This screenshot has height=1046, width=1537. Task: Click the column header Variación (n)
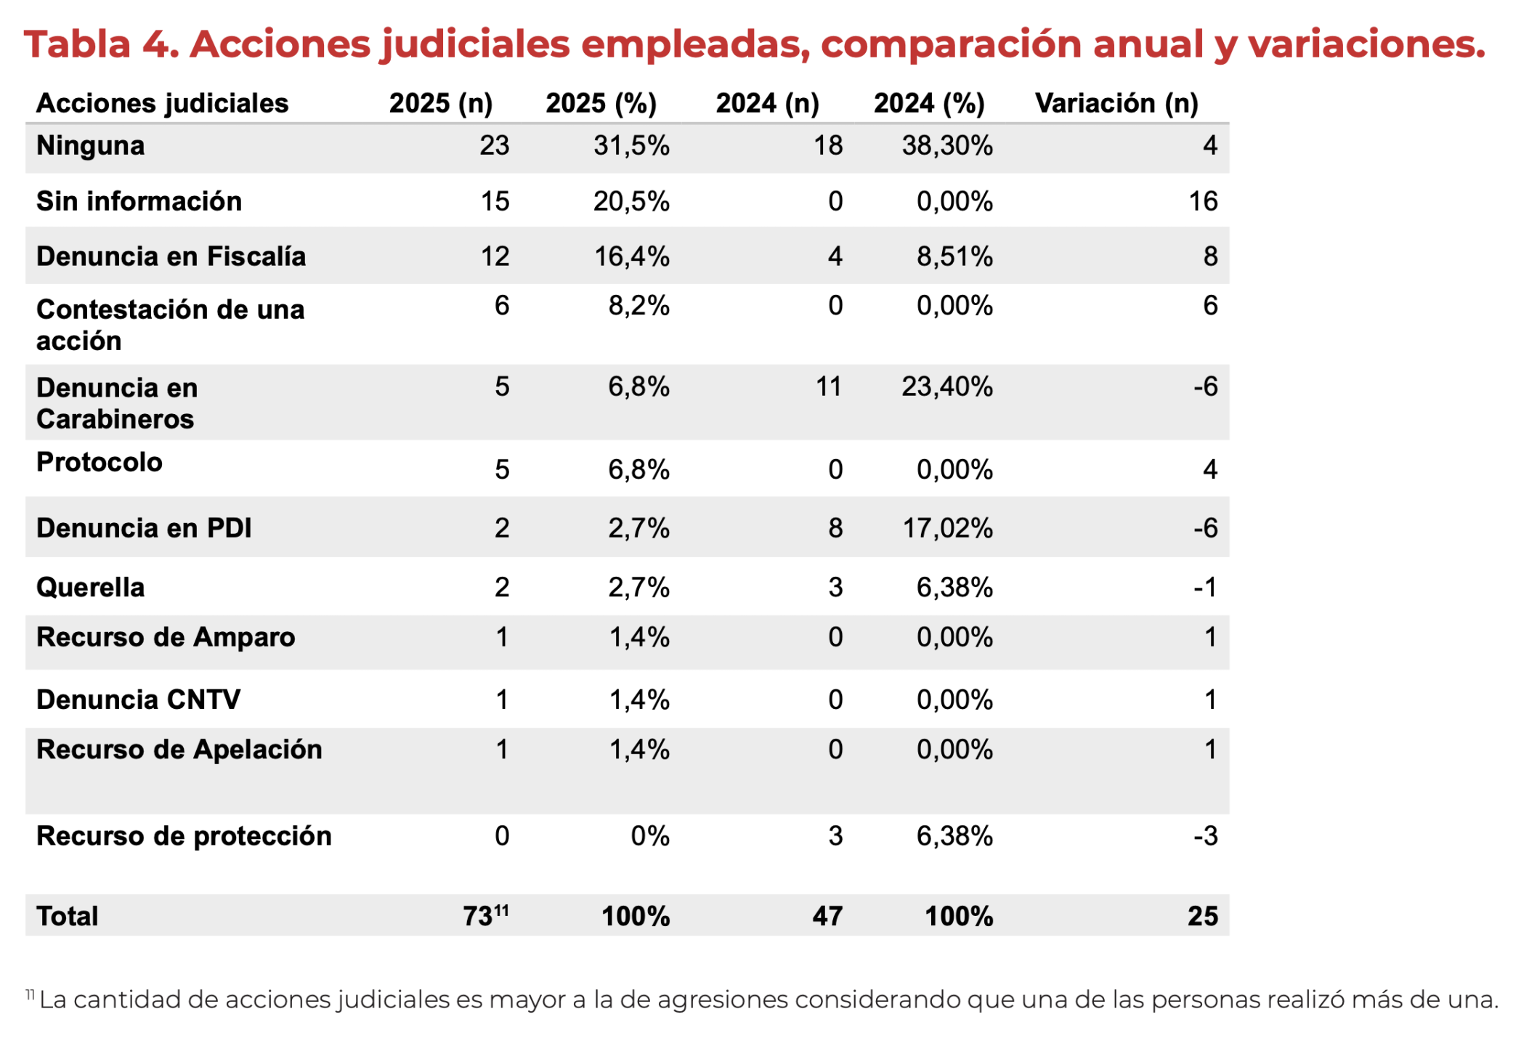click(x=1116, y=103)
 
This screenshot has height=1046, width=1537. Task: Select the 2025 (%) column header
click(x=601, y=103)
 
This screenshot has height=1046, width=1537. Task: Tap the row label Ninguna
click(x=91, y=146)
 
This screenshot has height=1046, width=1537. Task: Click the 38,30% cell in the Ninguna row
click(x=946, y=146)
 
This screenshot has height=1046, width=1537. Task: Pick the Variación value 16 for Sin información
click(x=1202, y=201)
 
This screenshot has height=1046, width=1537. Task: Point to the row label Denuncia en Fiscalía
click(x=171, y=256)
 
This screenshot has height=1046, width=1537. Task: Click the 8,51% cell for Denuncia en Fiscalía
click(x=954, y=256)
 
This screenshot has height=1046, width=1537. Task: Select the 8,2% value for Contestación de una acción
click(x=638, y=306)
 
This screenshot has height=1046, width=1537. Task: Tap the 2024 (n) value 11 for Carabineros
click(x=828, y=386)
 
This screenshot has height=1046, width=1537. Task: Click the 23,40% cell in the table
click(x=946, y=386)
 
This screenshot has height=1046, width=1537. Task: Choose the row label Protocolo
click(x=100, y=462)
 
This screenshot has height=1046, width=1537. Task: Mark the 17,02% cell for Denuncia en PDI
click(x=946, y=528)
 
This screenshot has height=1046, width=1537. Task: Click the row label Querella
click(x=91, y=587)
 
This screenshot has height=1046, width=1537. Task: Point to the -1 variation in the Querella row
click(x=1205, y=587)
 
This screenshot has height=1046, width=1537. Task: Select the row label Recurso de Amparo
click(x=166, y=637)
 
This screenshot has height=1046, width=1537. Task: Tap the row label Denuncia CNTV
click(x=138, y=700)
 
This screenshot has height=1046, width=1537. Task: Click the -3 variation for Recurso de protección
click(x=1205, y=836)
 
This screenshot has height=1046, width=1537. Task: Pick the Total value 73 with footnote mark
click(x=485, y=916)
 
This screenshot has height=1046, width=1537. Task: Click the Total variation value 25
click(x=1202, y=916)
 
